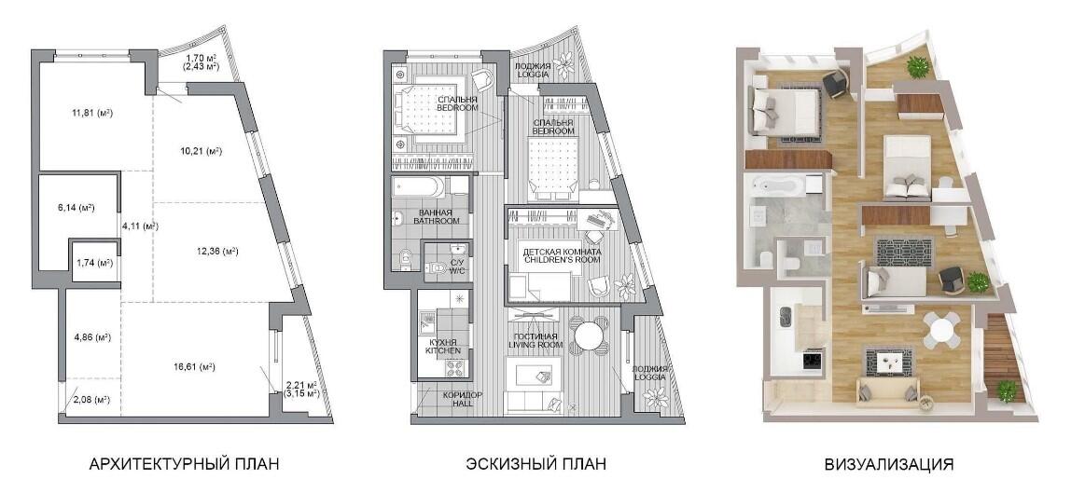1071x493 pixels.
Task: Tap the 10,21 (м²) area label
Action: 203,151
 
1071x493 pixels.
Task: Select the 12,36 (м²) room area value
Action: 218,251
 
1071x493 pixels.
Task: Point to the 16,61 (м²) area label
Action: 197,367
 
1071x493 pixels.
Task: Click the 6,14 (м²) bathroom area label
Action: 76,207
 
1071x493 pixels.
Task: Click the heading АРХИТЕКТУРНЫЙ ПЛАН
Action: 185,465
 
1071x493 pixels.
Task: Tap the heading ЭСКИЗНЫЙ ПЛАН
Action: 535,465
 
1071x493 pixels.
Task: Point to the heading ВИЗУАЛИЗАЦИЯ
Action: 889,465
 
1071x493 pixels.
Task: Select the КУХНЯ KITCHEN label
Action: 438,346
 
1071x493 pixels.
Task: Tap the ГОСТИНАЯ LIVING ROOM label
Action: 535,340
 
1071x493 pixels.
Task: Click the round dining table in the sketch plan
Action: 587,335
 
